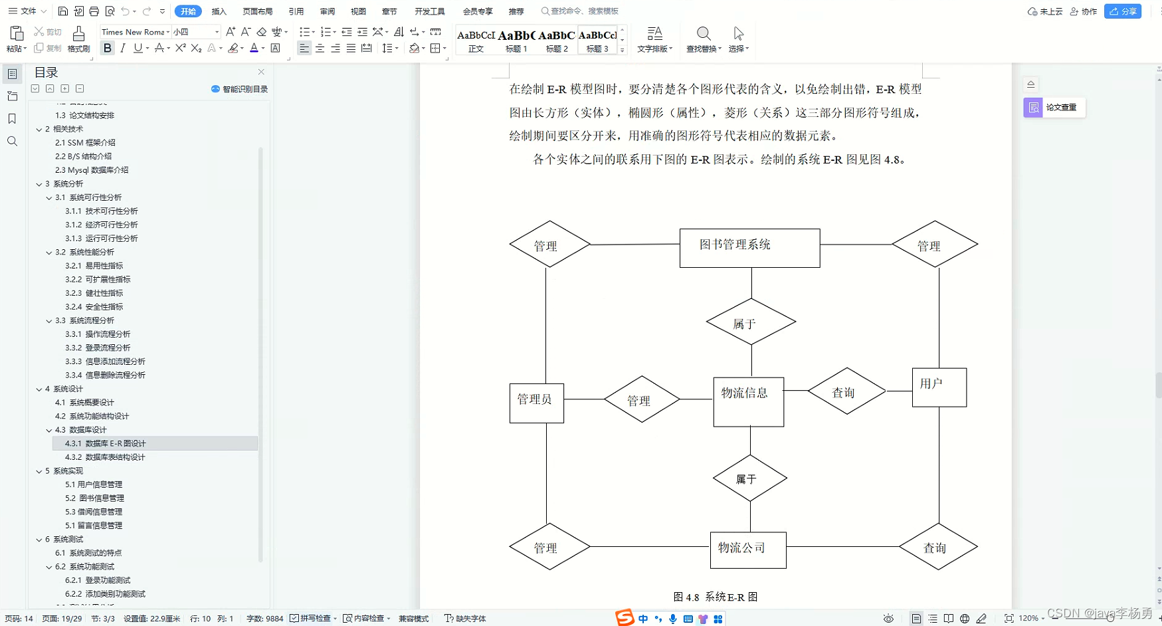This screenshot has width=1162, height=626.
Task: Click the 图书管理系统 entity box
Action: point(749,248)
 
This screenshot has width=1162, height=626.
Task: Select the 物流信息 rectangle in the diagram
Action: point(748,401)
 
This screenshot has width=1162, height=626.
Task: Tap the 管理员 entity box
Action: point(536,403)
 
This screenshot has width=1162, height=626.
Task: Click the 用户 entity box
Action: point(939,387)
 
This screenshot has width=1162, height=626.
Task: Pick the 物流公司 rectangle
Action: point(747,550)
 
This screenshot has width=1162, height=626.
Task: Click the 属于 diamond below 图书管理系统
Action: point(751,322)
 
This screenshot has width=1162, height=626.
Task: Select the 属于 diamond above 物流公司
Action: point(749,478)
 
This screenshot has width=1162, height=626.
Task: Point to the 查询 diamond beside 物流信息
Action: point(846,391)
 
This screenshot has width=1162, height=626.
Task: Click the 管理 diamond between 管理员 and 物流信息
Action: point(641,399)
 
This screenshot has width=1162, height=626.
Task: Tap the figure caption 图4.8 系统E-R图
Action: point(715,597)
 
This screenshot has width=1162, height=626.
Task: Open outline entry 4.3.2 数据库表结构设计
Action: point(105,457)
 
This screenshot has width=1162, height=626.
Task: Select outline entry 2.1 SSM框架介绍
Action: point(85,142)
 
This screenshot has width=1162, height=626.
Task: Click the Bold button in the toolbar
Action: point(107,48)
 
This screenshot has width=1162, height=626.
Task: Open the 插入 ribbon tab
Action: point(219,11)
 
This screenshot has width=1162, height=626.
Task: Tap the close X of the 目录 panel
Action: point(261,72)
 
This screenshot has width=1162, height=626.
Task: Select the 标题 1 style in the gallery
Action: point(516,41)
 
